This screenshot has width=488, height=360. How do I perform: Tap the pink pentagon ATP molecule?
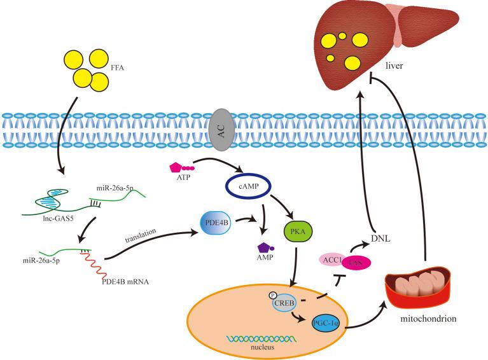point(177,168)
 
